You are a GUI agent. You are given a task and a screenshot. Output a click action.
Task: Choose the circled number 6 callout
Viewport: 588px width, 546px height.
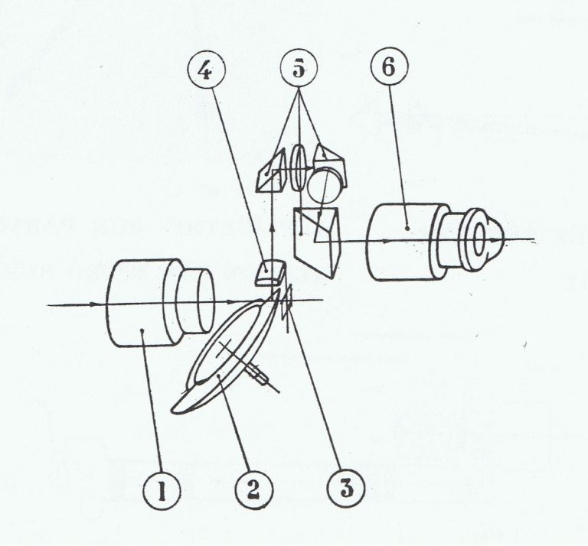point(387,71)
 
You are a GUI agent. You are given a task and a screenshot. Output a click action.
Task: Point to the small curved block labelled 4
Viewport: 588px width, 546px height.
point(267,271)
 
